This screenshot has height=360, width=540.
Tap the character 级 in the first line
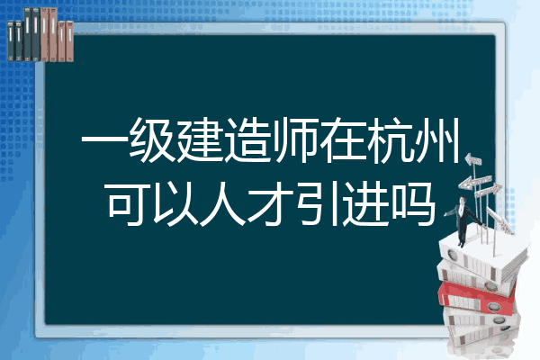(x=152, y=139)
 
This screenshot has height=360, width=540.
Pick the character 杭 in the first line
(x=391, y=139)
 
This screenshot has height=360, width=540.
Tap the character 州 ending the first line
(x=437, y=139)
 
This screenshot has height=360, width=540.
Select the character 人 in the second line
(x=223, y=204)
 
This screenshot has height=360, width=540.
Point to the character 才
(x=271, y=204)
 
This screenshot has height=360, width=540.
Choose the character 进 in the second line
(x=365, y=204)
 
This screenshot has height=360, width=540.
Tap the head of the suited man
(x=463, y=200)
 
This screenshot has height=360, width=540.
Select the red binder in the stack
(x=477, y=298)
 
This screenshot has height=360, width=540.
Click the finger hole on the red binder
(x=494, y=306)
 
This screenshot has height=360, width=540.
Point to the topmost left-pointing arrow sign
(x=472, y=160)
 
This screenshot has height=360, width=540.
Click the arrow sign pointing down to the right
(x=500, y=220)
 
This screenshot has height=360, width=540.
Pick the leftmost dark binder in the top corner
(x=11, y=40)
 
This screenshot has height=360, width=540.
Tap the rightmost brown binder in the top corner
(x=69, y=41)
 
